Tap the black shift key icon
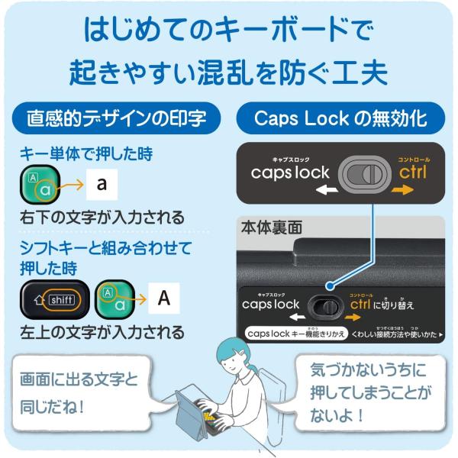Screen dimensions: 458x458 pyautogui.click(x=55, y=299)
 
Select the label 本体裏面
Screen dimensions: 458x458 pyautogui.click(x=272, y=227)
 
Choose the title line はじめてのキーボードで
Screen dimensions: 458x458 pyautogui.click(x=229, y=32)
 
